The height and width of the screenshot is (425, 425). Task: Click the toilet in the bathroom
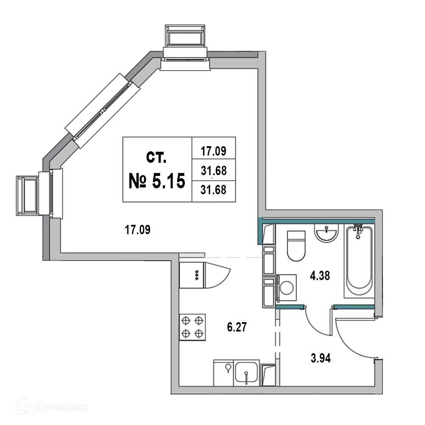click(296, 245)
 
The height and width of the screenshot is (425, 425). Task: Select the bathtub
click(359, 261)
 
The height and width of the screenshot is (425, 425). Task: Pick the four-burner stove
click(193, 326)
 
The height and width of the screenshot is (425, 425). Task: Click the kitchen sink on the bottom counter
click(246, 374)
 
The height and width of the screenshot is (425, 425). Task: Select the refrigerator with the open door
click(195, 275)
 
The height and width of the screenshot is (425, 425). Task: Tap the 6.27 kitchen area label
click(237, 327)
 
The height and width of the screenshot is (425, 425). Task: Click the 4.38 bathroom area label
click(320, 276)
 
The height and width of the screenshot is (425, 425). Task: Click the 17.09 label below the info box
click(138, 230)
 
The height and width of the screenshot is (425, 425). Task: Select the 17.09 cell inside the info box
click(213, 150)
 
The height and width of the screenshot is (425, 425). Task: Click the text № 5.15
click(157, 181)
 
